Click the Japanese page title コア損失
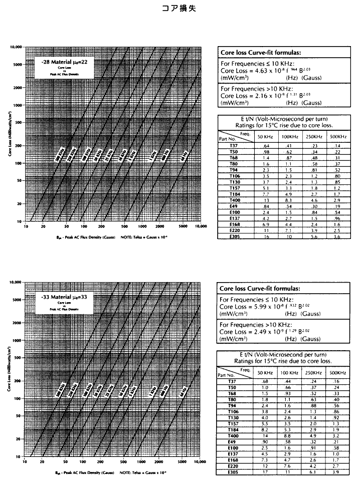pyautogui.click(x=180, y=8)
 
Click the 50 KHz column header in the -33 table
pyautogui.click(x=279, y=373)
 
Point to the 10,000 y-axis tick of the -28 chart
pyautogui.click(x=16, y=47)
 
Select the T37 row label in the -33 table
pyautogui.click(x=233, y=382)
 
